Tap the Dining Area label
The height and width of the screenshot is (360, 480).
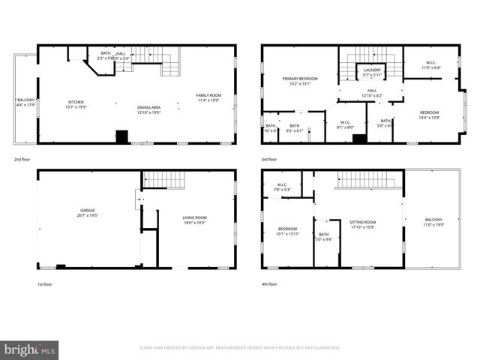tap(149, 109)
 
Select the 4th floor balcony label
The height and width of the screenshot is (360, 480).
tap(433, 222)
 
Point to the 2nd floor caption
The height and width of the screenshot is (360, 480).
tap(22, 160)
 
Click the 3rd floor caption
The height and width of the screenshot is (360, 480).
tap(269, 160)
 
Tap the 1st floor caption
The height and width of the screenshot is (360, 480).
tap(22, 284)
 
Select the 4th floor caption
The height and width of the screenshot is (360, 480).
tap(269, 284)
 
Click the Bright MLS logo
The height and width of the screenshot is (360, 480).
tap(29, 349)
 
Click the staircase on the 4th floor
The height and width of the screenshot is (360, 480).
tap(362, 180)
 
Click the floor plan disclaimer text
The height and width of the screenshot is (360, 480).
tap(240, 348)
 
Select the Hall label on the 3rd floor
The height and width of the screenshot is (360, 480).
tap(373, 93)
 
